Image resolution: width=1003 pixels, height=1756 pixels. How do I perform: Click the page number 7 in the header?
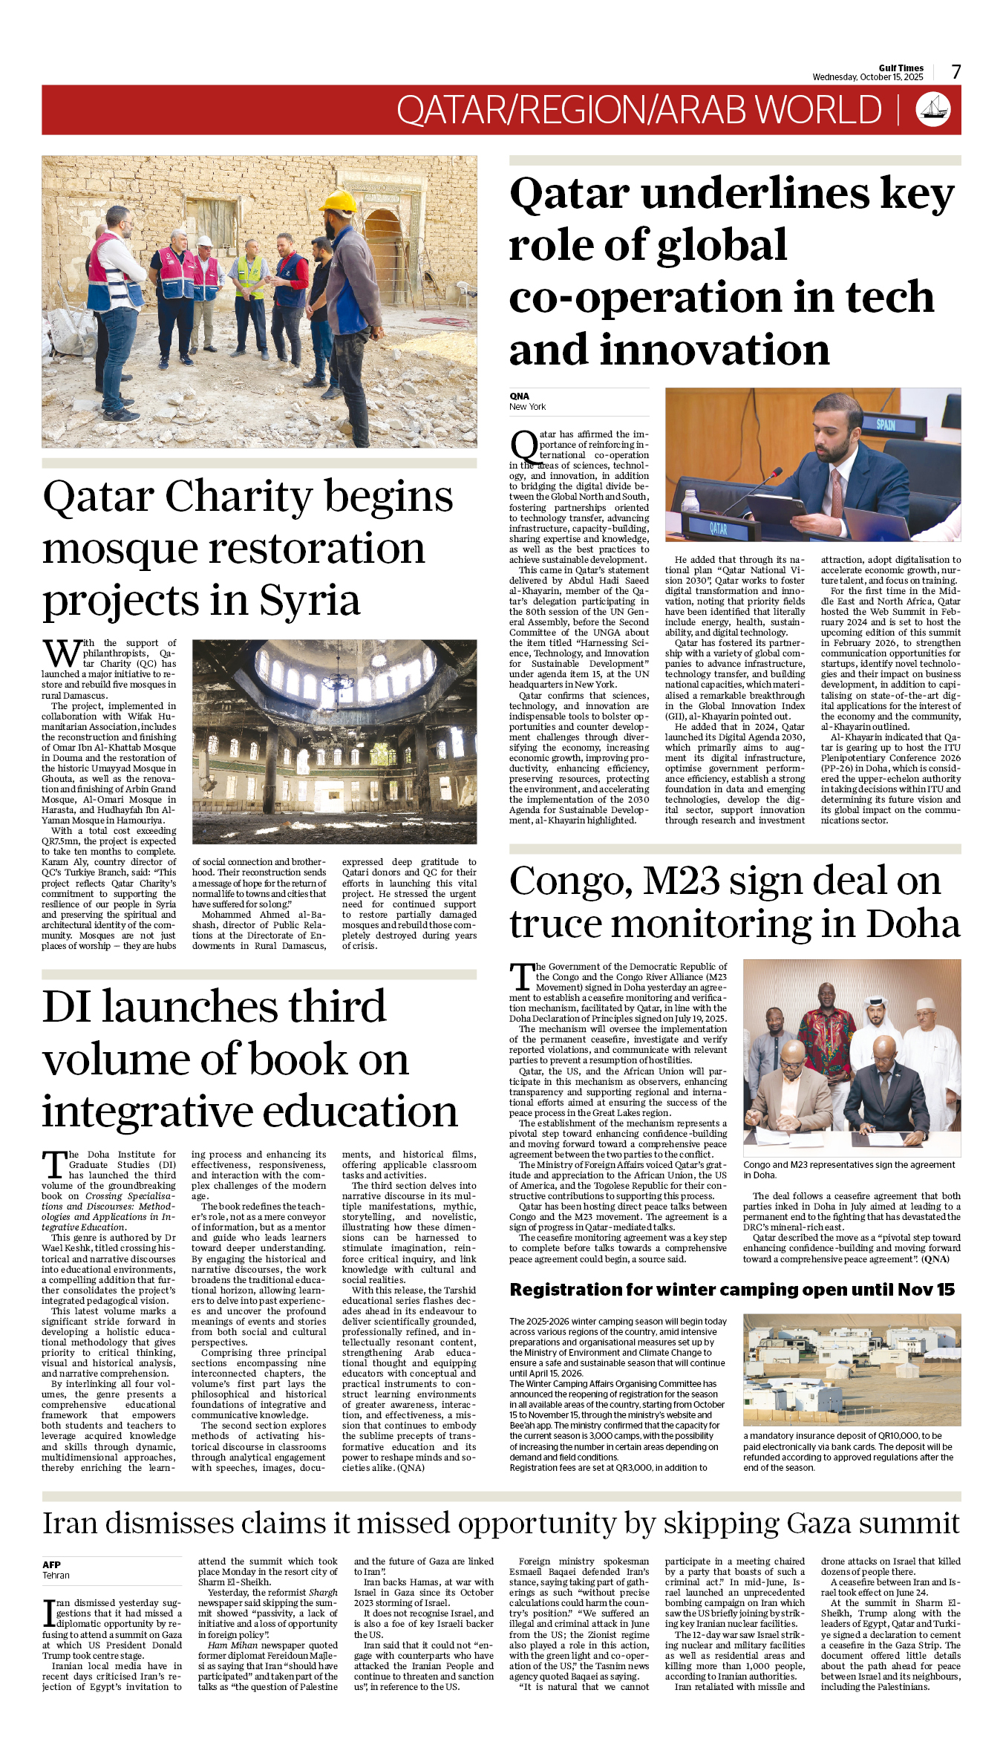(x=956, y=72)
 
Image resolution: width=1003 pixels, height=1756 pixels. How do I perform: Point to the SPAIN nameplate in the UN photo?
(x=886, y=425)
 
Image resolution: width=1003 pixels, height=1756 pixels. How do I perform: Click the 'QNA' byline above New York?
(x=519, y=396)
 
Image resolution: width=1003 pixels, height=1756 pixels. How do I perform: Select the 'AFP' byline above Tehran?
(x=51, y=1564)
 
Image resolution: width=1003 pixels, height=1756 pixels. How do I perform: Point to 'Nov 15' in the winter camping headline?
(x=925, y=1290)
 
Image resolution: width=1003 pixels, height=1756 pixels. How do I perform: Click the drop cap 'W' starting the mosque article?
(x=62, y=654)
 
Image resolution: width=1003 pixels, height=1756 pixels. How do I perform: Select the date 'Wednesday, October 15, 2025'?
(x=867, y=77)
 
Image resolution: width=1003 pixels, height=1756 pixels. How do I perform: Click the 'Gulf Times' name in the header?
(x=901, y=68)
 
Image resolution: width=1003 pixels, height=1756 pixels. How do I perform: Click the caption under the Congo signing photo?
(x=849, y=1169)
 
